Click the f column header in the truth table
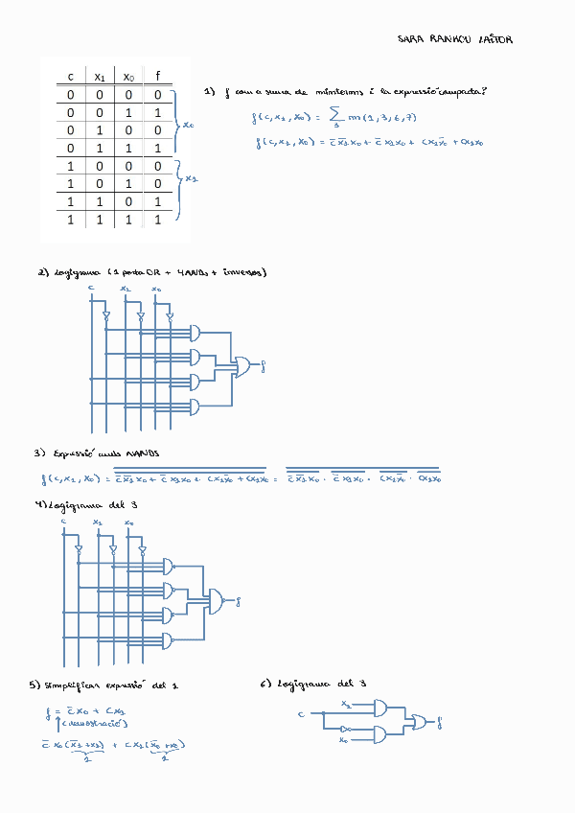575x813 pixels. (157, 76)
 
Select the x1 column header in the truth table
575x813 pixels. (100, 76)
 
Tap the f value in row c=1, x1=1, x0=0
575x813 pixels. (157, 202)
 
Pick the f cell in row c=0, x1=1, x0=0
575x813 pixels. (157, 130)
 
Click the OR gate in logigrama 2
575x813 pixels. (243, 365)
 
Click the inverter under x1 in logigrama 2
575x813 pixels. (141, 315)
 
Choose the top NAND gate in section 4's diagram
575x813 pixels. (171, 566)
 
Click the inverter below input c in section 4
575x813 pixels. (79, 549)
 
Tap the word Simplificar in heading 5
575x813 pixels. (70, 685)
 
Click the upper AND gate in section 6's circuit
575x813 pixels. (381, 708)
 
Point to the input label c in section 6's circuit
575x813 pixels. (301, 714)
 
